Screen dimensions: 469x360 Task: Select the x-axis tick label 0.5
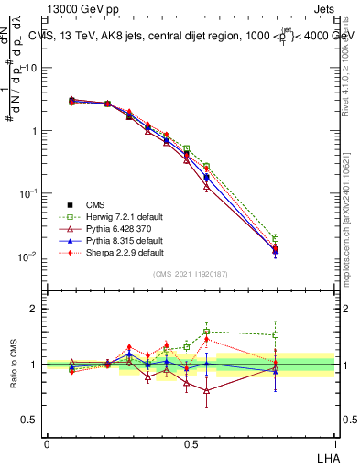pyautogui.click(x=190, y=443)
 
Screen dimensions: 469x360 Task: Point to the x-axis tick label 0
pyautogui.click(x=47, y=443)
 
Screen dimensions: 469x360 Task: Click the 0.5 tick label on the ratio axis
pyautogui.click(x=29, y=420)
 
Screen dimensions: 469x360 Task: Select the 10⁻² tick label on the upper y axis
pyautogui.click(x=27, y=256)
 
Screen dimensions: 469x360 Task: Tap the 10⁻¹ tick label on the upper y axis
pyautogui.click(x=27, y=193)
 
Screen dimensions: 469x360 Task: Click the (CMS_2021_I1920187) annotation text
pyautogui.click(x=190, y=274)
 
